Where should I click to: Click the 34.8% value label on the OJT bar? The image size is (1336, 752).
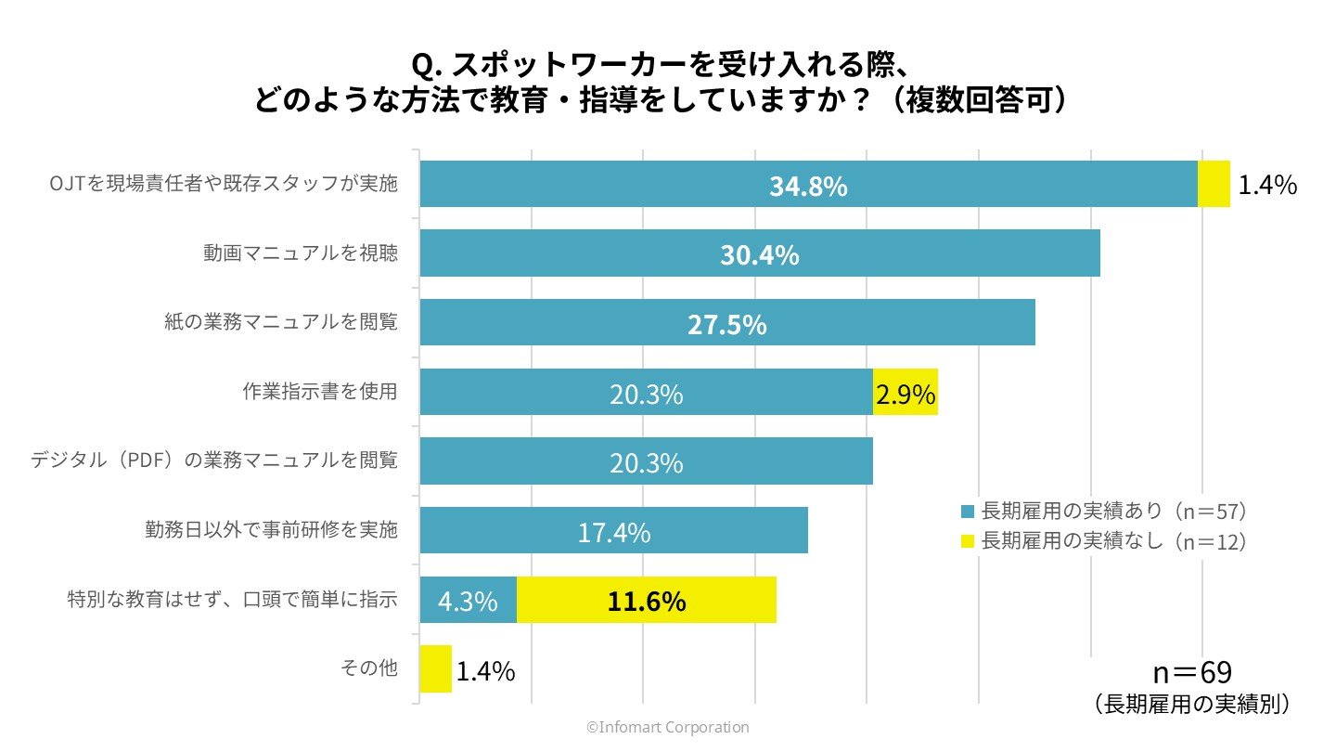pos(808,187)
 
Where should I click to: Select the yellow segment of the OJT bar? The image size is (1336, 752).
pos(1214,184)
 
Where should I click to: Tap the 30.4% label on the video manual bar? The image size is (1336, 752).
pos(760,255)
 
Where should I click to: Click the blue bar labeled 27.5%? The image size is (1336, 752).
pos(726,323)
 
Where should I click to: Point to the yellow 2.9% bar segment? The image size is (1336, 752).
pos(906,393)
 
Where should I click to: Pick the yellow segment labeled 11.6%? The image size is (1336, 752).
pos(647,601)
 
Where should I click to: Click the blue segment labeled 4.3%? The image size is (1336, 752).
pos(468,601)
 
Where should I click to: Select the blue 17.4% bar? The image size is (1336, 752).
pos(613,531)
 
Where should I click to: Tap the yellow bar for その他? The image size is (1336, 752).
pos(435,669)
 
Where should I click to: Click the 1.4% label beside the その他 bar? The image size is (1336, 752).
pos(485,671)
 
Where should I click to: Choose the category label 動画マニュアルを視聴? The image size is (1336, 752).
pos(301,253)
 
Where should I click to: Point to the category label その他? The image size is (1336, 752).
pos(370,668)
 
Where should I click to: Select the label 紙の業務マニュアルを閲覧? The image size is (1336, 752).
pos(276,323)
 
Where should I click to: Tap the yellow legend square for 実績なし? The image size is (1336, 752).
pos(969,541)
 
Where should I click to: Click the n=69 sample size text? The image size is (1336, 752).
pos(1191,673)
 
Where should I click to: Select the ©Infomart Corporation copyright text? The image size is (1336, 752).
pos(667,728)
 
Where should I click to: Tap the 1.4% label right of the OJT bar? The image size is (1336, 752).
pos(1267,185)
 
